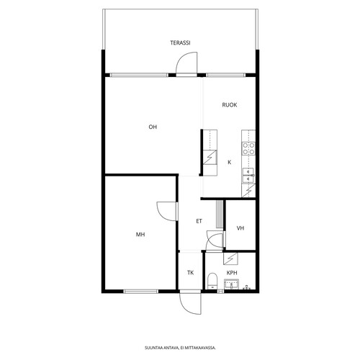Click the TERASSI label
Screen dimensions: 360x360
point(180,42)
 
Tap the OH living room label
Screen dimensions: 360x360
point(153,127)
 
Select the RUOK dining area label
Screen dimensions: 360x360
point(230,105)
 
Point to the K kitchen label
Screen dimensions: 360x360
point(230,162)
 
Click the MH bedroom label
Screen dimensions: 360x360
point(140,234)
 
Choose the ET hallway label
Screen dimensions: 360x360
point(199,221)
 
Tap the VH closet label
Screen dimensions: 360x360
point(240,228)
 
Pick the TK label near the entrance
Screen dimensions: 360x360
point(190,273)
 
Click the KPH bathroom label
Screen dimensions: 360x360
point(232,273)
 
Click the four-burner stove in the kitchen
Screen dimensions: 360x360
point(248,148)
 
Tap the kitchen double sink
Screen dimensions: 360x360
point(248,176)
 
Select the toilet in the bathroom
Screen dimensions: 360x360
point(212,281)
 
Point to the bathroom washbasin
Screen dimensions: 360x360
point(231,284)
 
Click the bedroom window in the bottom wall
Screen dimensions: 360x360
point(141,292)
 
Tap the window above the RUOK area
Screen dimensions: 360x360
point(226,75)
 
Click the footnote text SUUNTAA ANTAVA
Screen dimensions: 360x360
point(161,348)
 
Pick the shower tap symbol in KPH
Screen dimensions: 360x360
point(247,287)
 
